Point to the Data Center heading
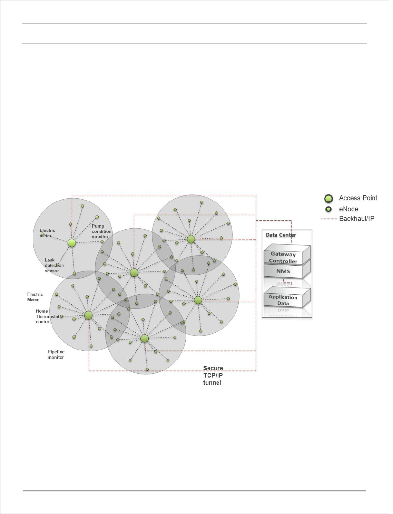pyautogui.click(x=281, y=235)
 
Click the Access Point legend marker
pyautogui.click(x=328, y=199)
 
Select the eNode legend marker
pyautogui.click(x=328, y=209)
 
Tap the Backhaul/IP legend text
pyautogui.click(x=356, y=219)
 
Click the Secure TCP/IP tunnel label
pyautogui.click(x=213, y=375)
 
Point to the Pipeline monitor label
pyautogui.click(x=56, y=355)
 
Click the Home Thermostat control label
pyautogui.click(x=47, y=316)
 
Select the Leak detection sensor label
pyautogui.click(x=54, y=265)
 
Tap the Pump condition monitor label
pyautogui.click(x=101, y=231)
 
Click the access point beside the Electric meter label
pyautogui.click(x=72, y=243)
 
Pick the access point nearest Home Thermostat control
pyautogui.click(x=88, y=315)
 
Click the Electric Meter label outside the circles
pyautogui.click(x=35, y=297)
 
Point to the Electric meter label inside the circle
pyautogui.click(x=47, y=233)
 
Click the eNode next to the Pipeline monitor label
pyautogui.click(x=91, y=346)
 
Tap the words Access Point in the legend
pyautogui.click(x=358, y=198)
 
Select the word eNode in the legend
pyautogui.click(x=348, y=209)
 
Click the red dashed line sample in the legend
pyautogui.click(x=328, y=219)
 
